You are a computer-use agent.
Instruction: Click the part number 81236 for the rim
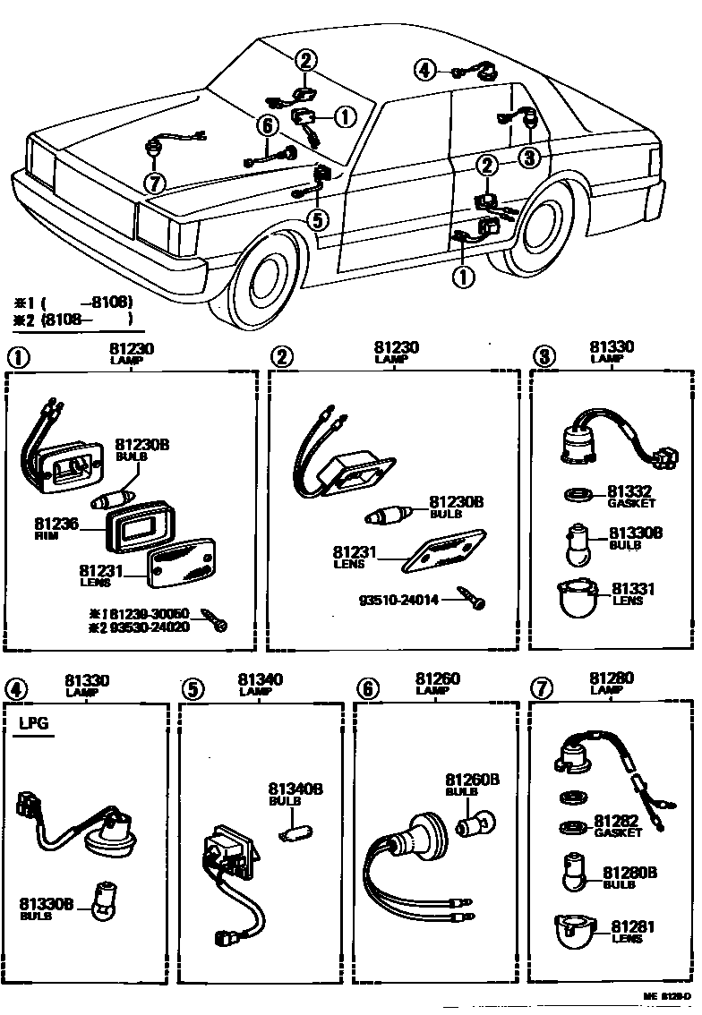55,523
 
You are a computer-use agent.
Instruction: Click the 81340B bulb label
295,790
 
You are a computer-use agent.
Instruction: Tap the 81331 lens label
633,590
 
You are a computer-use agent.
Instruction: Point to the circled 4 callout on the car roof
425,69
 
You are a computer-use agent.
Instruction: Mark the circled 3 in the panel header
544,356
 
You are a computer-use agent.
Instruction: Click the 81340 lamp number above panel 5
261,680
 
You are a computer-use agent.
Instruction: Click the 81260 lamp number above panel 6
438,680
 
